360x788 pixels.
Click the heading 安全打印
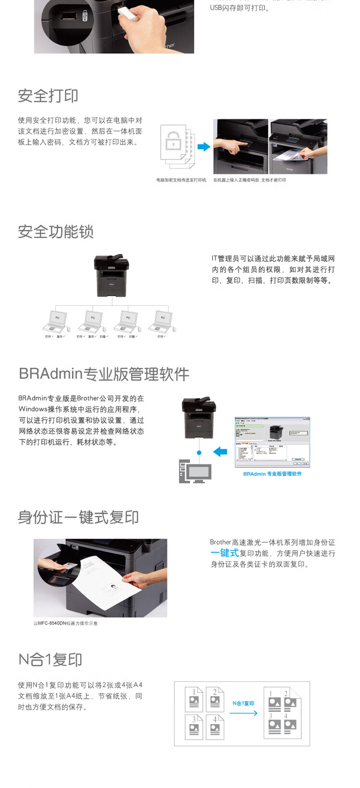[48, 96]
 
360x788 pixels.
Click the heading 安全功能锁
[56, 231]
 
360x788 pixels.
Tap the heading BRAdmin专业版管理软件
[104, 374]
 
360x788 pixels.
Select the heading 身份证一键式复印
[78, 517]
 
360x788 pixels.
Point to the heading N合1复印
[50, 659]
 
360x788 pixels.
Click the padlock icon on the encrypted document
[173, 142]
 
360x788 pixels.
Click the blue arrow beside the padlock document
[204, 146]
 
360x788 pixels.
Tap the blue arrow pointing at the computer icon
[220, 451]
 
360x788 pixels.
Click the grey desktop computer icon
[195, 471]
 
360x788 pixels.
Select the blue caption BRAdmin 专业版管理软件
[272, 474]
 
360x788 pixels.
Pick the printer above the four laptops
[112, 276]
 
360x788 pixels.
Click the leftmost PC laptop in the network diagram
[56, 322]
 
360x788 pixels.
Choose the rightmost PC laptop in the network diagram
[162, 322]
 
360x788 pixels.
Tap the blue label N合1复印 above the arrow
[243, 703]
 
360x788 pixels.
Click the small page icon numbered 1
[194, 699]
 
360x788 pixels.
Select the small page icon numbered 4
[215, 727]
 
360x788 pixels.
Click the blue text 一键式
[225, 553]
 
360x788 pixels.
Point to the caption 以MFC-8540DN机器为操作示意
[66, 623]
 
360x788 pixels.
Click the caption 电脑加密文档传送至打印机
[181, 180]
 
